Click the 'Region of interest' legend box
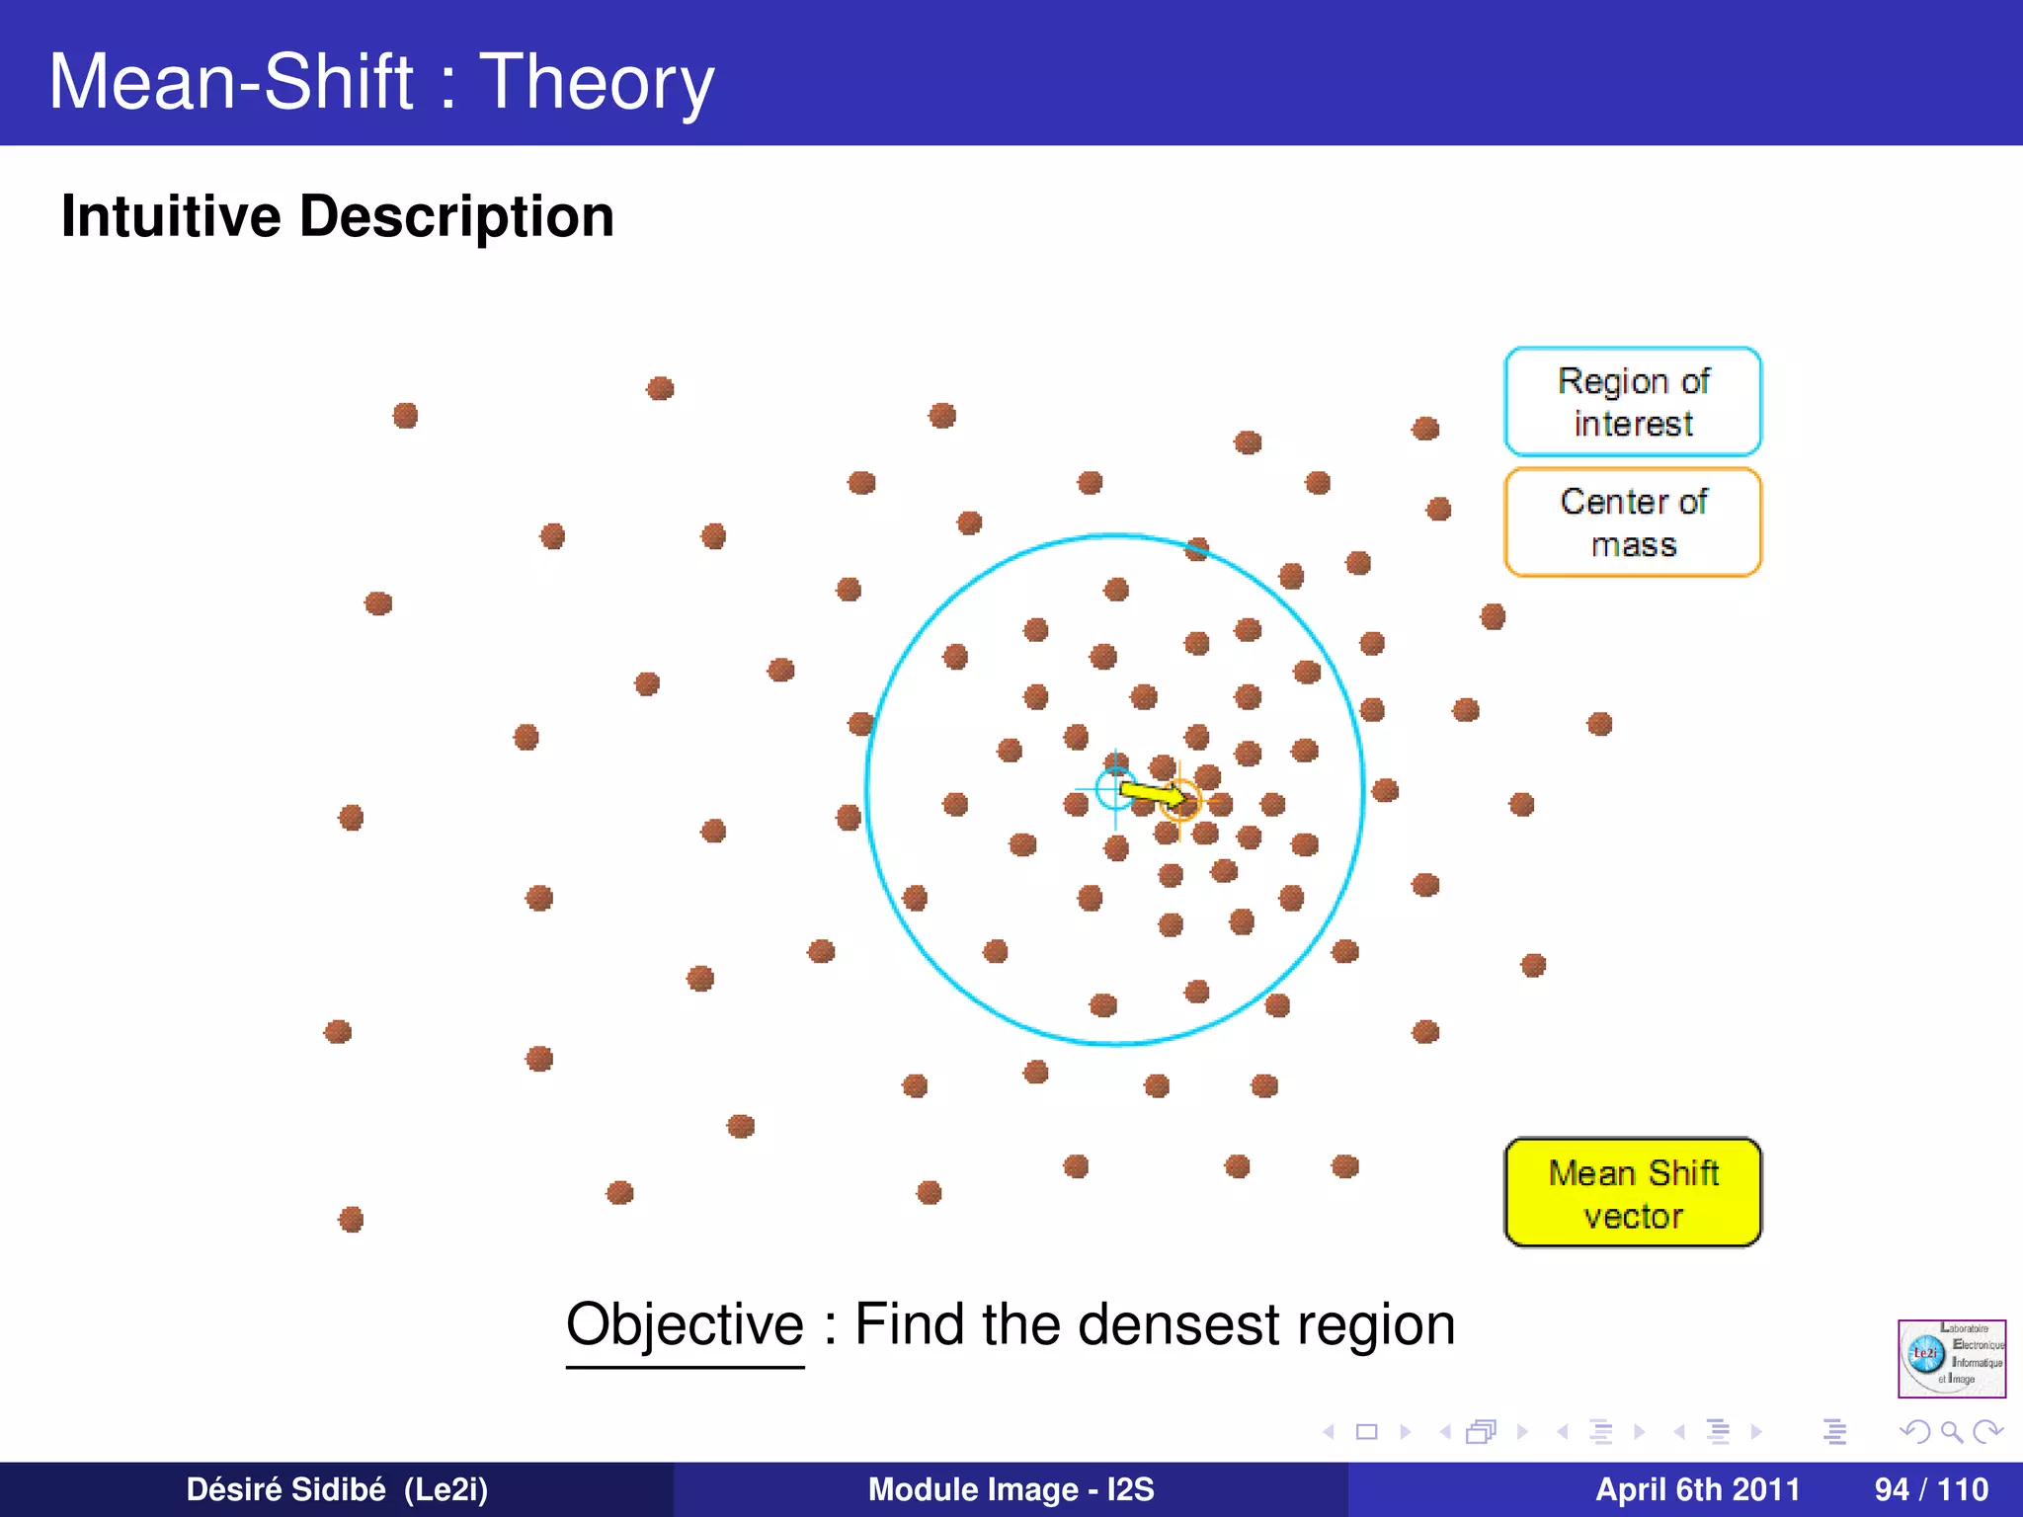(x=1632, y=401)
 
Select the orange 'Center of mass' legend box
(x=1632, y=521)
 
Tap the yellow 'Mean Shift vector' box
(x=1632, y=1192)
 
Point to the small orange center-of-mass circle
(x=1179, y=800)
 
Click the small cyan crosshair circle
(x=1115, y=788)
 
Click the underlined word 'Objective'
(x=685, y=1324)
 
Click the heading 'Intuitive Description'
(x=337, y=216)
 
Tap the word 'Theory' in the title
(x=597, y=83)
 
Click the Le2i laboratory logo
(x=1951, y=1358)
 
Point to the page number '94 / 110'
(x=1930, y=1489)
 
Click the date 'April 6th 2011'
(x=1697, y=1489)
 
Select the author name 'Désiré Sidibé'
(x=285, y=1489)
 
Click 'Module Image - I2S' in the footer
(x=1011, y=1489)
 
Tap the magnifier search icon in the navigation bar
(x=1951, y=1431)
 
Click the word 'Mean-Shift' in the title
(x=231, y=83)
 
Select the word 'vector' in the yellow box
(x=1633, y=1216)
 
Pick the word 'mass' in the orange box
(x=1633, y=545)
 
